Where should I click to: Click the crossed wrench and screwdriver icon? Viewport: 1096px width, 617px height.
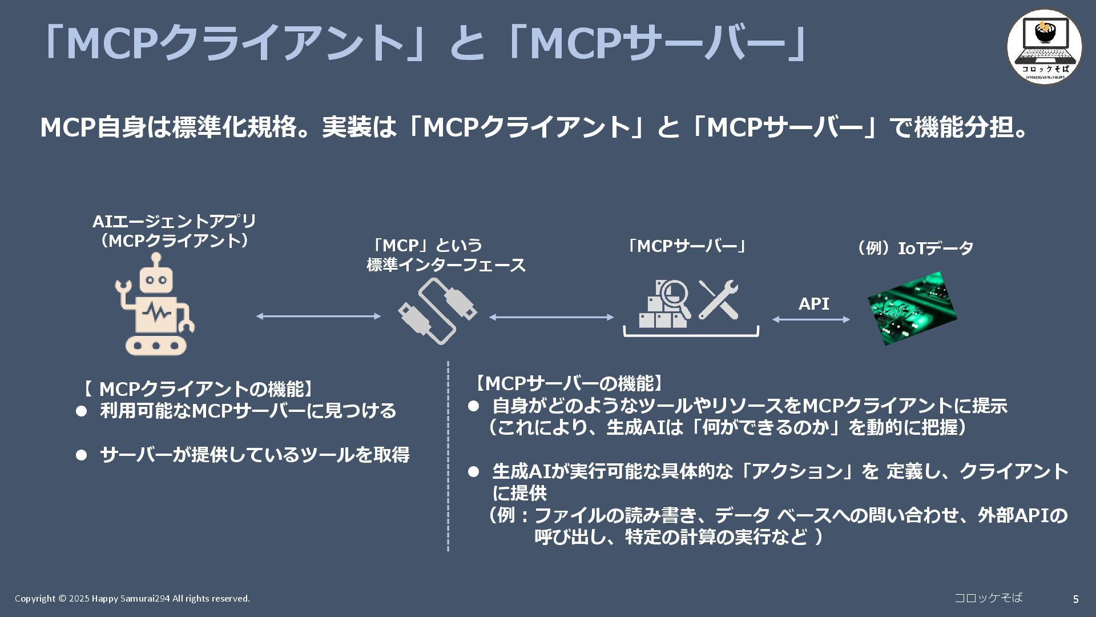(x=719, y=299)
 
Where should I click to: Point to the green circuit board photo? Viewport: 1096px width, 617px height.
(x=912, y=308)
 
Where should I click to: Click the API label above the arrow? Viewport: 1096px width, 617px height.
(x=813, y=304)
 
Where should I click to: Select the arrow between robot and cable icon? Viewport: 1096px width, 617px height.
(x=318, y=316)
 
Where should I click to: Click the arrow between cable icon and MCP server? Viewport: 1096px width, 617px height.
(x=551, y=317)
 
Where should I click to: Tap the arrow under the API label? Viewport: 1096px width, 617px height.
(x=811, y=319)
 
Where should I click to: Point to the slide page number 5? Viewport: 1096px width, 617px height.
(x=1075, y=599)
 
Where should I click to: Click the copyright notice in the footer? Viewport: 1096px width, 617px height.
(x=132, y=599)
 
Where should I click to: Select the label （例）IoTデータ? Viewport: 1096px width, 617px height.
(x=913, y=249)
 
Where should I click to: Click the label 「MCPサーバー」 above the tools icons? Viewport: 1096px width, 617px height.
(x=687, y=246)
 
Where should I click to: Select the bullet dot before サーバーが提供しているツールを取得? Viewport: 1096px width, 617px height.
(x=82, y=455)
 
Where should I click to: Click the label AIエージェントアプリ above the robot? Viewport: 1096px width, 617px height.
(x=175, y=221)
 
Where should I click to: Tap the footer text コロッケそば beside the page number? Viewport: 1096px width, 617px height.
(x=988, y=598)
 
